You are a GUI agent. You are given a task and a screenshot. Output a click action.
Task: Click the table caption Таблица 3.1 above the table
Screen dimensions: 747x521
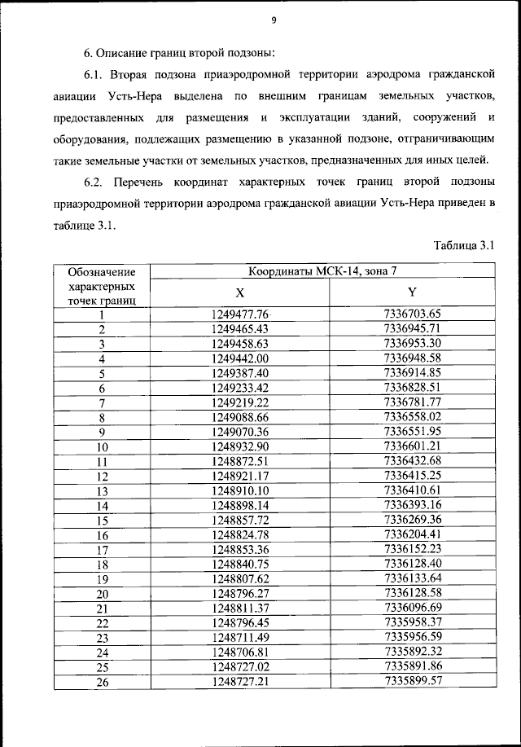click(464, 245)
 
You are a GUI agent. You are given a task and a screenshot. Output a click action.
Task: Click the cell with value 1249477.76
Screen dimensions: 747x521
click(239, 314)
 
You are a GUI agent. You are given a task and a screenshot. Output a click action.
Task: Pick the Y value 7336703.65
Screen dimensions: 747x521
click(412, 314)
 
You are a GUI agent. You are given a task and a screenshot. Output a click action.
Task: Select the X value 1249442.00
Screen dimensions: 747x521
click(239, 358)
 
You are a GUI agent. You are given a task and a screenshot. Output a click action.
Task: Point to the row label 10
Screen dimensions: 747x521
click(103, 447)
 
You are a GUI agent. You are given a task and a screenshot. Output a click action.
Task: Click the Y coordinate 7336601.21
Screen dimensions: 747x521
click(412, 446)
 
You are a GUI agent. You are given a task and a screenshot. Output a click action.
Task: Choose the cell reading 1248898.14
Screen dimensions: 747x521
click(239, 505)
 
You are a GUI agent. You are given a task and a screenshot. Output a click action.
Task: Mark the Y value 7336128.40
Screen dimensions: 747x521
click(412, 564)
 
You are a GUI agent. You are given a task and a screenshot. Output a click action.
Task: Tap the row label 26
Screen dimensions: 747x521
click(103, 683)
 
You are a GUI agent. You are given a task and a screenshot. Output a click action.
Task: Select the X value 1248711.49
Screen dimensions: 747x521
click(239, 637)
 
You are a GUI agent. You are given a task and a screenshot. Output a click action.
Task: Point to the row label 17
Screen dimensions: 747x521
click(103, 550)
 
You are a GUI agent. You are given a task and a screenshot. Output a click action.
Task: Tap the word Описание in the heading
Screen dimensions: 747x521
click(122, 54)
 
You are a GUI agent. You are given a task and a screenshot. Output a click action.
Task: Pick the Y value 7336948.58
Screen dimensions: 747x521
click(412, 358)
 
